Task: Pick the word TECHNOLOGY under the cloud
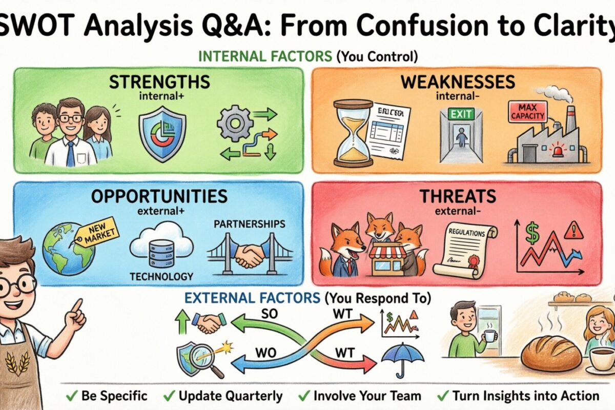pyautogui.click(x=161, y=277)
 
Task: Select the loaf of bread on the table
pyautogui.click(x=551, y=353)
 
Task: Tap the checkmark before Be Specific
pyautogui.click(x=71, y=396)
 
